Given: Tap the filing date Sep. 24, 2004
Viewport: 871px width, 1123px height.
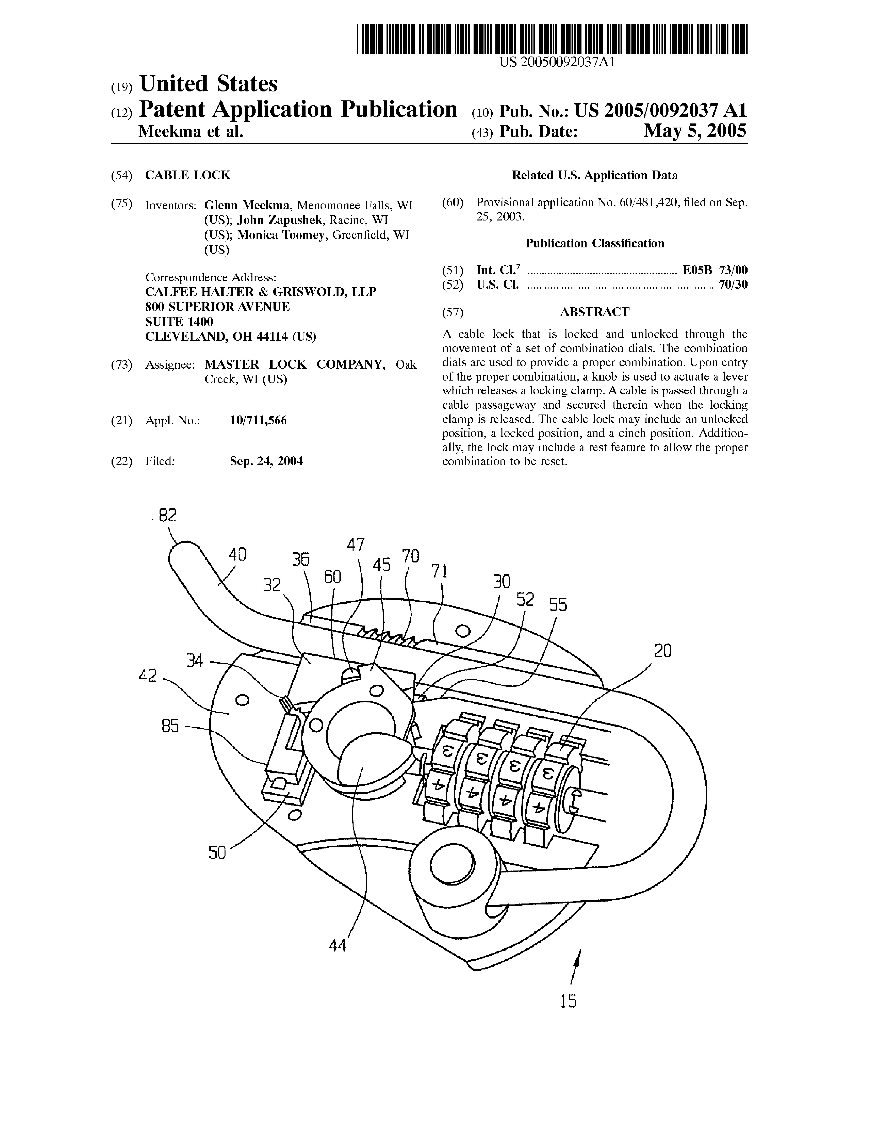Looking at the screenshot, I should [266, 461].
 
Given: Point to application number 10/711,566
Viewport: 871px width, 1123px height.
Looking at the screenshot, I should [258, 421].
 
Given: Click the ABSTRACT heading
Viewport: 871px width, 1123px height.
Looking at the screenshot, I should [594, 312].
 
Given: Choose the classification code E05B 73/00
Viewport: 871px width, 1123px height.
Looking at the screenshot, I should [715, 270].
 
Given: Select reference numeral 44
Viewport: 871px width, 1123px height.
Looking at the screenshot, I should [337, 945].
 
